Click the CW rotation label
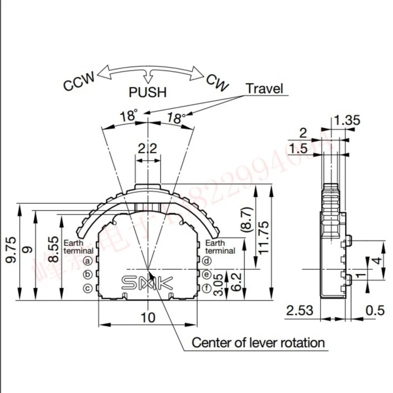click(217, 82)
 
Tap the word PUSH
click(148, 92)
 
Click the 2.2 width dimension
click(148, 149)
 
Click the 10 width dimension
click(148, 317)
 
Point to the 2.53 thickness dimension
click(300, 310)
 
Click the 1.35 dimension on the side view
click(346, 120)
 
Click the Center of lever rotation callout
click(258, 342)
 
